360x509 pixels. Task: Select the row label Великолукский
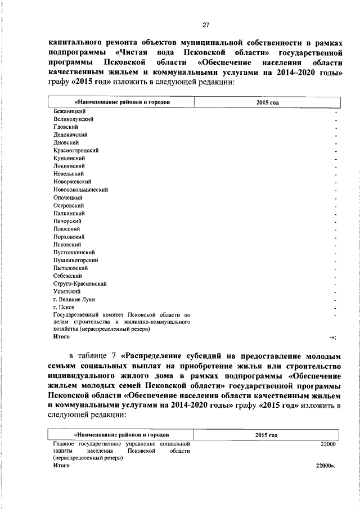[x=73, y=119]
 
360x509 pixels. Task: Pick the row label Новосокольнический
[x=80, y=190]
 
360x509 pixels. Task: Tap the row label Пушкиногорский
[x=75, y=260]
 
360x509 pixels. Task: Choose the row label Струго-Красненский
[x=80, y=284]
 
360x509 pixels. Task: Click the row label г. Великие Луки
[x=72, y=300]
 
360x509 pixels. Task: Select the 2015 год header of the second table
[x=267, y=435]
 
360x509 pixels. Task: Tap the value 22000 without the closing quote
[x=327, y=444]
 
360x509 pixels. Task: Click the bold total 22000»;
[x=326, y=466]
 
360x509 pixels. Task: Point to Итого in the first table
[x=61, y=336]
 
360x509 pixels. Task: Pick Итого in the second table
[x=61, y=466]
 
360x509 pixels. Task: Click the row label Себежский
[x=67, y=276]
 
